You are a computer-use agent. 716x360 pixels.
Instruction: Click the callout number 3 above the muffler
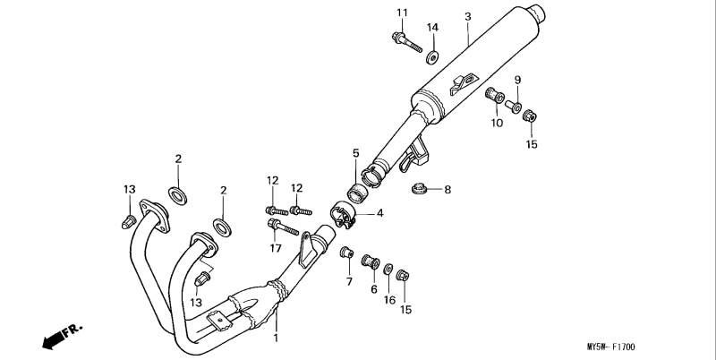tap(467, 17)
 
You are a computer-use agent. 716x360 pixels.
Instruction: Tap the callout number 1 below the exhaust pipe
tap(276, 339)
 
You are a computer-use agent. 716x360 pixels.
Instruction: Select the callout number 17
tap(276, 248)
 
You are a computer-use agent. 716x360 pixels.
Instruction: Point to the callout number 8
tap(447, 189)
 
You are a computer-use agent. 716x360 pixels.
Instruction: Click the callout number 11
tap(402, 13)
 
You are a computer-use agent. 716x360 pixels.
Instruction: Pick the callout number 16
tap(389, 300)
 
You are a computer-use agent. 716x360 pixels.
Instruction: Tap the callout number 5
tap(355, 153)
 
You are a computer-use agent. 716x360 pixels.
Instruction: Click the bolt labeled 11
tap(407, 42)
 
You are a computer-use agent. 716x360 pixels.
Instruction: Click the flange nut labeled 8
tap(417, 188)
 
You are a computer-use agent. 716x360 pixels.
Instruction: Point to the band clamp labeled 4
tap(343, 215)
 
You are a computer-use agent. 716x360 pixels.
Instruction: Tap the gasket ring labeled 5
tap(357, 193)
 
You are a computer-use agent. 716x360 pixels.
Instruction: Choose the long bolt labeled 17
tap(283, 227)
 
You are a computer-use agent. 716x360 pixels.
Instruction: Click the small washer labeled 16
tap(388, 269)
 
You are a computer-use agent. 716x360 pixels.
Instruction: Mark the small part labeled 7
tap(347, 252)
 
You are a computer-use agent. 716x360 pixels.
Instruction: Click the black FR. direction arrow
tap(54, 340)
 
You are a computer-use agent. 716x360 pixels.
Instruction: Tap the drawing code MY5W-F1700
tap(610, 347)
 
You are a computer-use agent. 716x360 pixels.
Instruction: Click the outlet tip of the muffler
tap(538, 13)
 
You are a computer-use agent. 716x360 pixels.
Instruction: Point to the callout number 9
tap(517, 81)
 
